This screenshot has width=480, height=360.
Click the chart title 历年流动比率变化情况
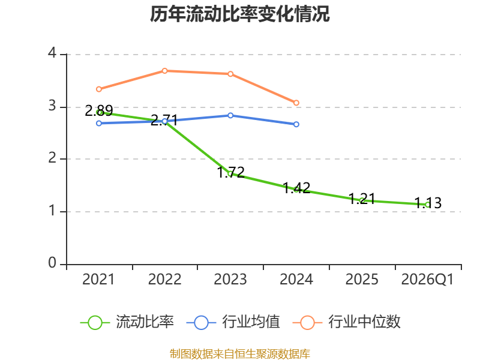240,14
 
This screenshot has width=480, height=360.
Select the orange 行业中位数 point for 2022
164,71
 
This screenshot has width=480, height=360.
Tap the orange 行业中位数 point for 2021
99,89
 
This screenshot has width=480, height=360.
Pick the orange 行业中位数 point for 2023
230,74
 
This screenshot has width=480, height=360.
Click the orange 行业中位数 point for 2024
296,103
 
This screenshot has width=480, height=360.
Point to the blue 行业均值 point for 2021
99,123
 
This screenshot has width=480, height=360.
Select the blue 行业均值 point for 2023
230,115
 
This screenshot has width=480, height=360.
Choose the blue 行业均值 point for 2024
296,124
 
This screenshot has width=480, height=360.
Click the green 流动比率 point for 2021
99,112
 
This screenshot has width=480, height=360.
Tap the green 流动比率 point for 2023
230,174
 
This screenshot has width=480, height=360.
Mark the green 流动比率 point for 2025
362,200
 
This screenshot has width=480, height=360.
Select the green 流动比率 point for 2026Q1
427,205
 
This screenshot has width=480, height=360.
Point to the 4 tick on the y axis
52,53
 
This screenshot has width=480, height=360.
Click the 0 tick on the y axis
52,263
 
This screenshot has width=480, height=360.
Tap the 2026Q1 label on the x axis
427,280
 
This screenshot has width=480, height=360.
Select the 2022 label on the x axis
164,280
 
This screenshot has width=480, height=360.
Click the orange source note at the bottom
240,353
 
